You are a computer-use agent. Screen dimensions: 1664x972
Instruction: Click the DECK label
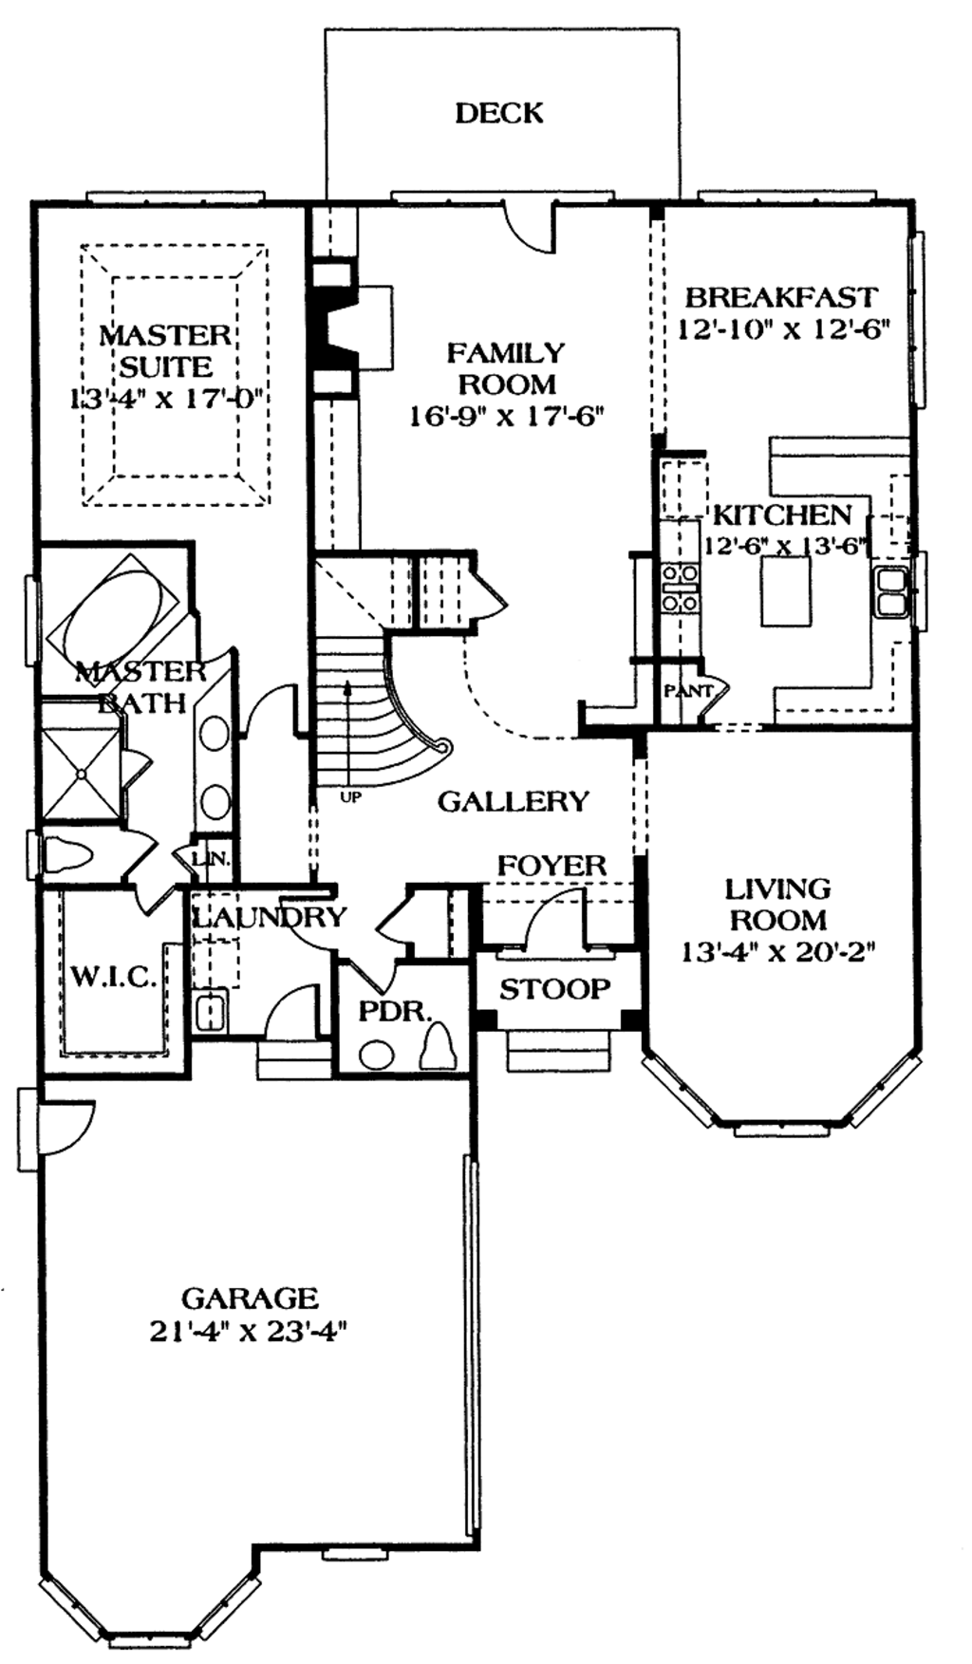tap(499, 113)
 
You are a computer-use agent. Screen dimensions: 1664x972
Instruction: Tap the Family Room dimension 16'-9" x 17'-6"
tap(506, 416)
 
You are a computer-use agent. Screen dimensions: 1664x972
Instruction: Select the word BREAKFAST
tap(780, 297)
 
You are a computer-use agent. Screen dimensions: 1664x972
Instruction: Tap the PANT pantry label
tap(687, 691)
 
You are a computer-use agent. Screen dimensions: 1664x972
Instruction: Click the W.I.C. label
tap(113, 978)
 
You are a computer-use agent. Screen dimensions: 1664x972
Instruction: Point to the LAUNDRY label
tap(270, 917)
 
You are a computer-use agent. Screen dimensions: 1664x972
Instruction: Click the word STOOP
tap(554, 989)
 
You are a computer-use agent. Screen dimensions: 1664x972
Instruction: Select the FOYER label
tap(551, 866)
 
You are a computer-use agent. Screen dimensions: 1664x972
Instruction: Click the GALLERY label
tap(514, 802)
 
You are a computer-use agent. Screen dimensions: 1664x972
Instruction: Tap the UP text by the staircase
tap(350, 798)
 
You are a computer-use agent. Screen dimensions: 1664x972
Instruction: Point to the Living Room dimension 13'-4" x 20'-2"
tap(777, 950)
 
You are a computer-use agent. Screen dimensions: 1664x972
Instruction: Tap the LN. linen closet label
tap(210, 859)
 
